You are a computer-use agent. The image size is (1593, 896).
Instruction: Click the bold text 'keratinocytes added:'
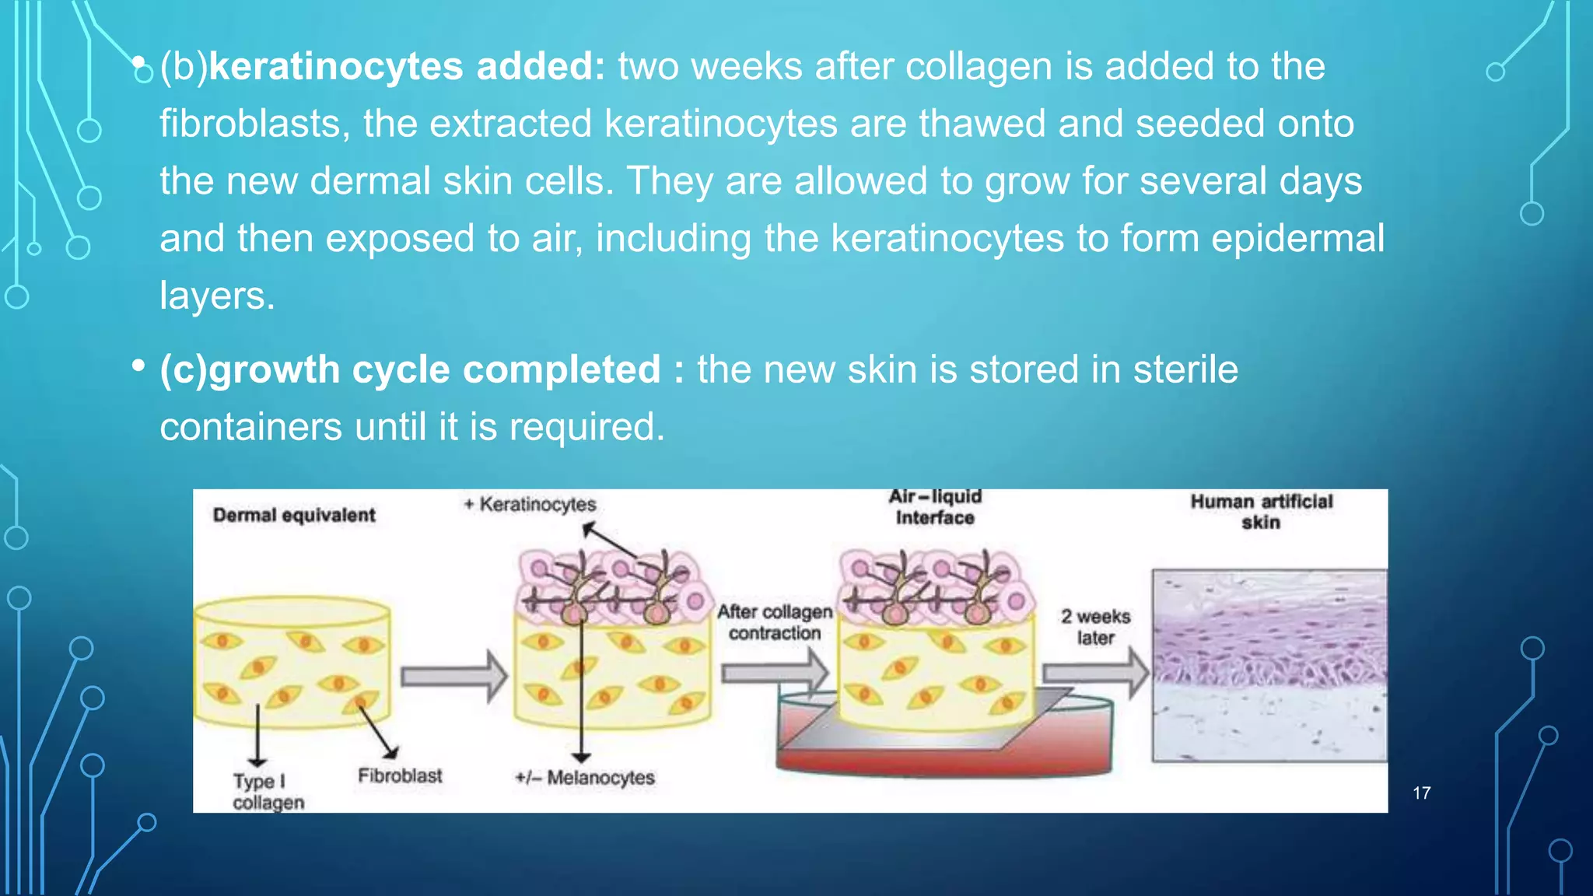407,67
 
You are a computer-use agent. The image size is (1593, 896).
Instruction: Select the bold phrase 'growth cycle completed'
434,369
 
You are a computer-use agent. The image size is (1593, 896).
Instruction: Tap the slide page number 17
1421,793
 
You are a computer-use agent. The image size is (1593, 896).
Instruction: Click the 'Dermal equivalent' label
294,515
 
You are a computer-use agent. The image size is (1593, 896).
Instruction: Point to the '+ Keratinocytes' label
530,504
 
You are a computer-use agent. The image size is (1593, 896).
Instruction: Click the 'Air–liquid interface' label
935,507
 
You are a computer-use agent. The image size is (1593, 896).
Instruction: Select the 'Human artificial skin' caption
1261,512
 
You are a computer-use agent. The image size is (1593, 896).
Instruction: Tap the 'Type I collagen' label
268,791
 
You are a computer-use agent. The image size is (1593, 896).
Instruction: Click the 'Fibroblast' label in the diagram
400,775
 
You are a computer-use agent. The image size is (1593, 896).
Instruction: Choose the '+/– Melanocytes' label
585,777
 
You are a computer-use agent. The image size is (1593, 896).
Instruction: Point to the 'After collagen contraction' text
775,622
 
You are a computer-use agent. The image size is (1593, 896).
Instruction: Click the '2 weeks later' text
1095,627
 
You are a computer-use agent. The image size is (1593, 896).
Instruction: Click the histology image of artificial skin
1269,666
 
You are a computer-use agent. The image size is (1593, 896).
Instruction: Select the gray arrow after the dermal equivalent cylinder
453,677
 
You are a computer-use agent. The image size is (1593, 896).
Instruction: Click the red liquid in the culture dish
944,758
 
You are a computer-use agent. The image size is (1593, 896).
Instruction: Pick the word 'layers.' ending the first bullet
217,296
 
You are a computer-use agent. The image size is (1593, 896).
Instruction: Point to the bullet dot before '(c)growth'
138,365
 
